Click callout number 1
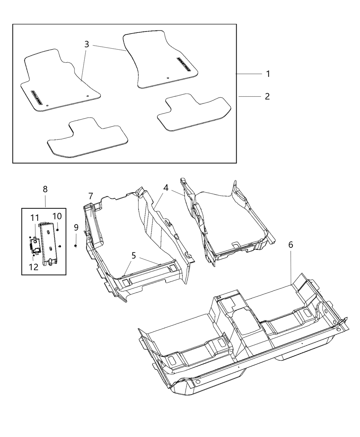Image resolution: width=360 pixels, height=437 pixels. [268, 74]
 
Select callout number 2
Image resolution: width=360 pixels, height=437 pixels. [267, 97]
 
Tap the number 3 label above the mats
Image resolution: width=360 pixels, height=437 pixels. [86, 44]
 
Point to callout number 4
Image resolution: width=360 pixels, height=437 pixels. [166, 187]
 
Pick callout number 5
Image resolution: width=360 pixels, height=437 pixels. [134, 255]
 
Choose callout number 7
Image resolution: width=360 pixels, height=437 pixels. [91, 196]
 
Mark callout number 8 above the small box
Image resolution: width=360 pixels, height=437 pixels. [45, 189]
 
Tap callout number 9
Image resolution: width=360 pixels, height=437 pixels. [76, 227]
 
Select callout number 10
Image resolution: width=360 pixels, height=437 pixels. [57, 216]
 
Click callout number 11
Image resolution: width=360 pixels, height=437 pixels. [35, 218]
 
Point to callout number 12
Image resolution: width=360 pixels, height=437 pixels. [34, 267]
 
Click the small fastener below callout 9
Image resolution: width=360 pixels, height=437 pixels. [76, 246]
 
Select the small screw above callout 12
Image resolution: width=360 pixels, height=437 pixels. [33, 255]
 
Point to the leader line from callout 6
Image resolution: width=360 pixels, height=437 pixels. [291, 267]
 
